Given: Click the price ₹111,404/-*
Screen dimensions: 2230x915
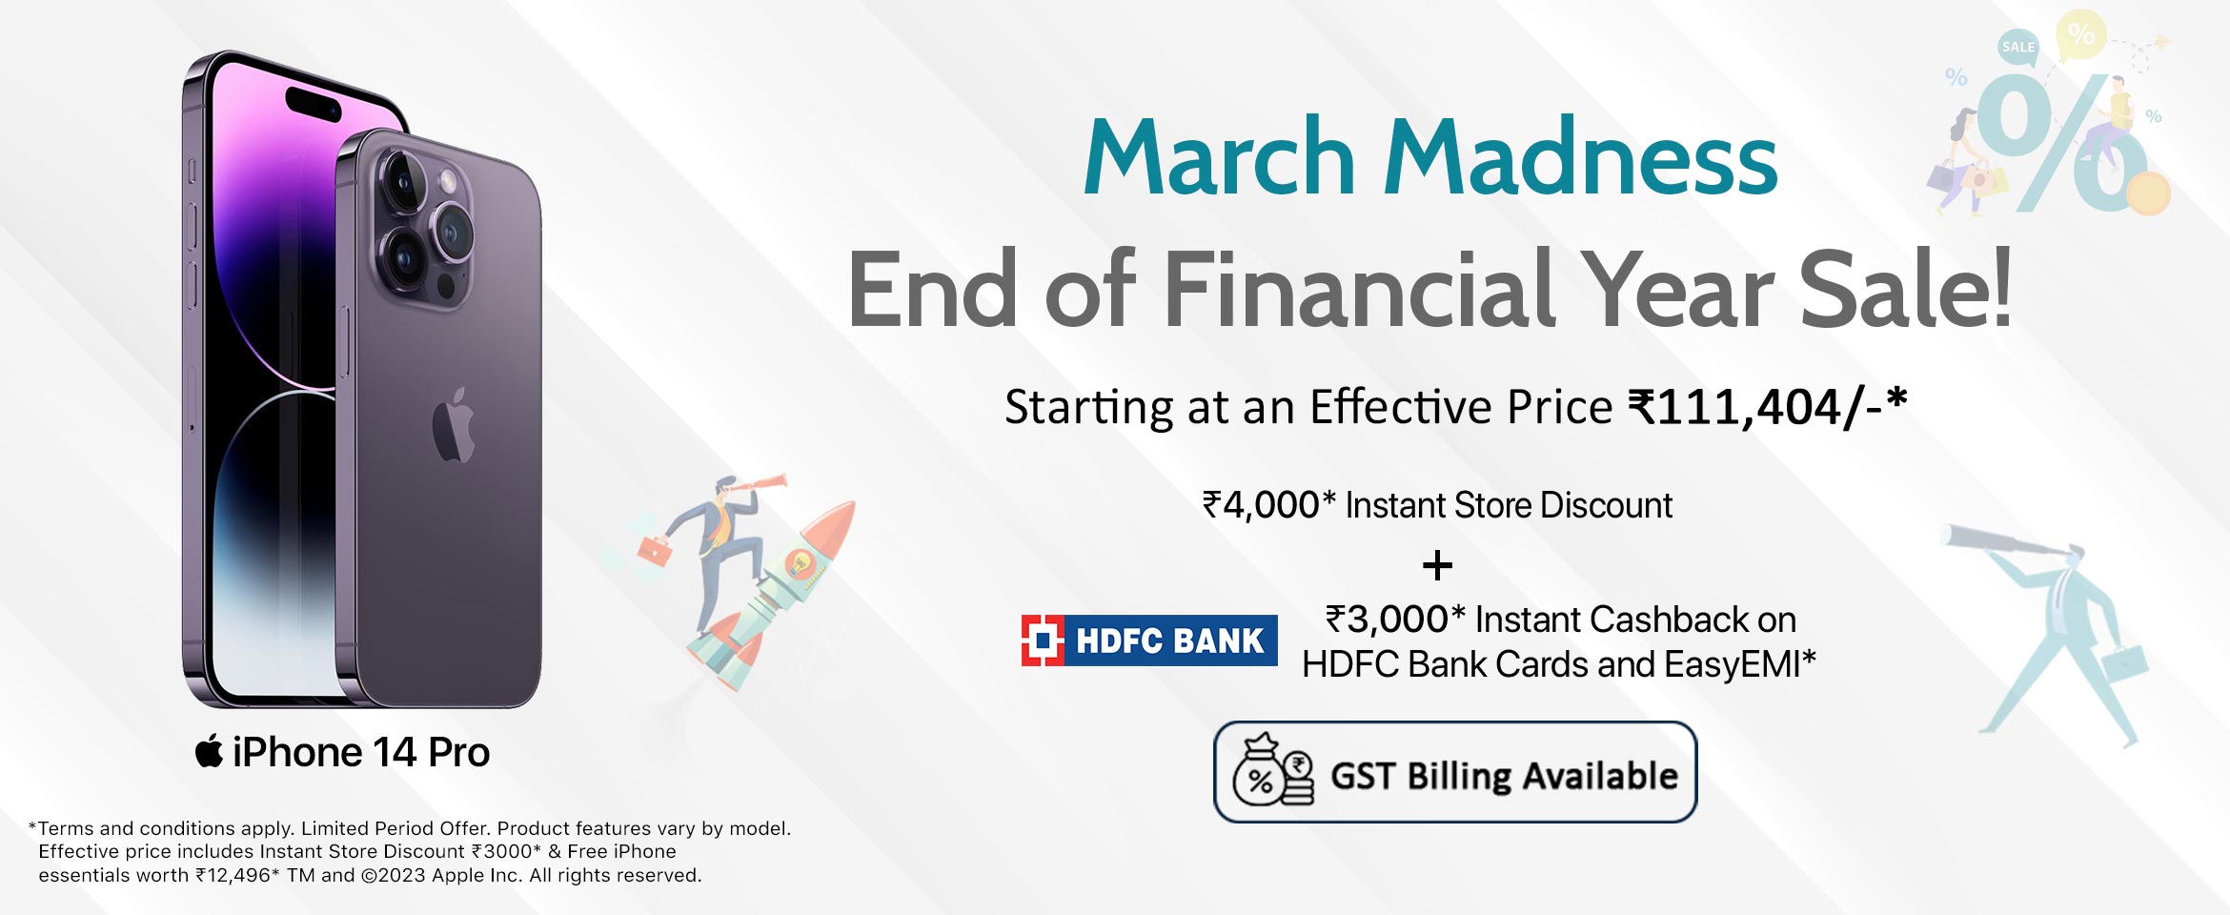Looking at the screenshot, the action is (1768, 407).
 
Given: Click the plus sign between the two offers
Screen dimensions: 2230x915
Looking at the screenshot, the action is (1437, 566).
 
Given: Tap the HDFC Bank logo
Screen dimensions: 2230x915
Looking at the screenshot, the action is (1149, 640).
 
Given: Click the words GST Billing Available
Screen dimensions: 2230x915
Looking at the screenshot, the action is (1504, 776).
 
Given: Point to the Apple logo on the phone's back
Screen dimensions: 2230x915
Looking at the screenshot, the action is (454, 425).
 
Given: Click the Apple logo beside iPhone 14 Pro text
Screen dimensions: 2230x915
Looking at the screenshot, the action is (209, 751).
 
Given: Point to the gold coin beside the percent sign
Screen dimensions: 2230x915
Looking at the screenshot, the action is (2147, 193).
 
